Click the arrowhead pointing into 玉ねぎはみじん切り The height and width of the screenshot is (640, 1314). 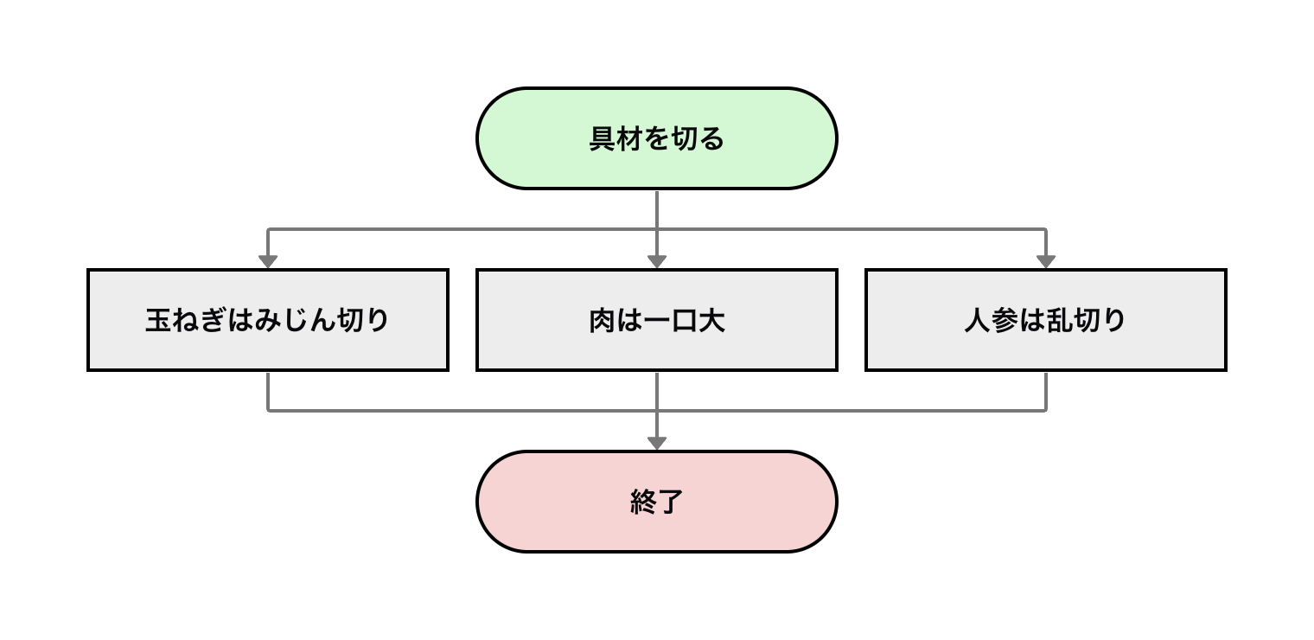[x=268, y=261]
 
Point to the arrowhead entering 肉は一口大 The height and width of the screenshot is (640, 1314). [x=657, y=261]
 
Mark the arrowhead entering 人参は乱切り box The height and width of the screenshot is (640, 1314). [x=1046, y=261]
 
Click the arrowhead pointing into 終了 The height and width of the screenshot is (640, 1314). [x=657, y=443]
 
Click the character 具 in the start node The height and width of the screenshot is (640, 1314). [x=603, y=139]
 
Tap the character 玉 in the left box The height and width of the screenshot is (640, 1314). [x=158, y=321]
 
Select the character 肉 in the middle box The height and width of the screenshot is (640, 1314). [x=603, y=321]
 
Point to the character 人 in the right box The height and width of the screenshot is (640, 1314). [x=978, y=321]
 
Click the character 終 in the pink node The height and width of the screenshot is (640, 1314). [x=643, y=502]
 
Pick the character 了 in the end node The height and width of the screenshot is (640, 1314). [x=671, y=502]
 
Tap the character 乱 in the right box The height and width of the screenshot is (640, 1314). [x=1060, y=321]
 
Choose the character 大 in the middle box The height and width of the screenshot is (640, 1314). [x=711, y=321]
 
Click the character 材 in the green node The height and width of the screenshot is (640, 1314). [x=630, y=139]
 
